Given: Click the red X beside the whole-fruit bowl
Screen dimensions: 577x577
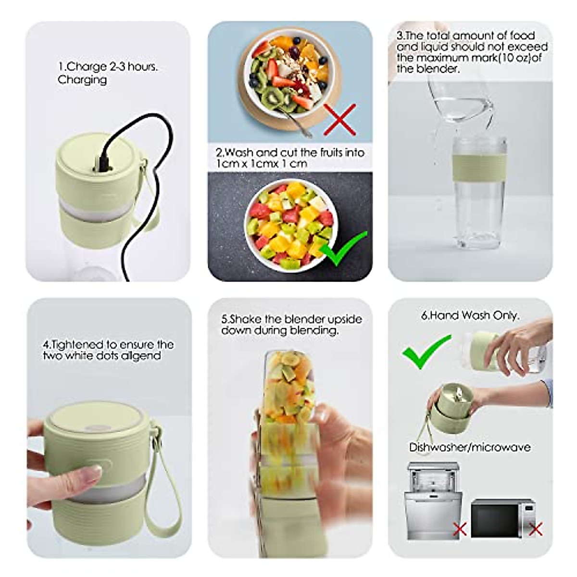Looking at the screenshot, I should pos(340,119).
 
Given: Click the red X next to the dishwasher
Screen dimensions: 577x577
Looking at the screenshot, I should pos(460,529).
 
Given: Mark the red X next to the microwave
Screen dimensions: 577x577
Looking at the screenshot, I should pos(535,529).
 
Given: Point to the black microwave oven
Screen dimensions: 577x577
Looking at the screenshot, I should pos(502,518).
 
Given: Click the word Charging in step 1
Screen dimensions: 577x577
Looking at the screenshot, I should pos(82,80).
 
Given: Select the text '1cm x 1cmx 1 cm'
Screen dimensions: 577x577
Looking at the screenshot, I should pos(262,164).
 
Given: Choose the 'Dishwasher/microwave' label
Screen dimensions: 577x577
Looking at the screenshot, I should pos(470,447).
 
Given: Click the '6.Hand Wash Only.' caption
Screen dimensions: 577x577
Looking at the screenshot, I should pos(470,315).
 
